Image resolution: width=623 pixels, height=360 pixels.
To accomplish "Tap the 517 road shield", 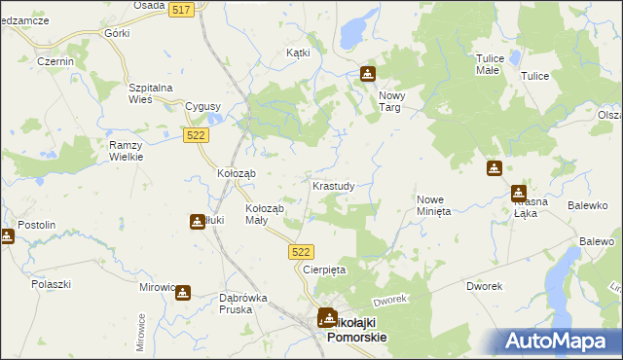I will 180,9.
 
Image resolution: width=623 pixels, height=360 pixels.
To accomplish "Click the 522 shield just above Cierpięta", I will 301,252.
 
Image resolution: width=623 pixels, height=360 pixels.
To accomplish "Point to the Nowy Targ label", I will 391,101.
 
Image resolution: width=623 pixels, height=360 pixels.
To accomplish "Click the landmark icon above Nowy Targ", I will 367,73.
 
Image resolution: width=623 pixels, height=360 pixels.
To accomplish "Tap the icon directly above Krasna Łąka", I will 519,193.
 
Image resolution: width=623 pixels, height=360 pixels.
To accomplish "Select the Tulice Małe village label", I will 489,64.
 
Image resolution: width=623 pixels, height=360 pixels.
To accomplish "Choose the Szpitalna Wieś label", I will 151,93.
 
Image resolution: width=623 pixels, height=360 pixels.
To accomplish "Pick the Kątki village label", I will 297,53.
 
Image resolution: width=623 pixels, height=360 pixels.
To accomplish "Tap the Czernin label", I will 55,61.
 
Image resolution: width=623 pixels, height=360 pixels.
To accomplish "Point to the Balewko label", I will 588,205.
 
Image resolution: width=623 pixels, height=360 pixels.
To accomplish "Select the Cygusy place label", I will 202,106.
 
